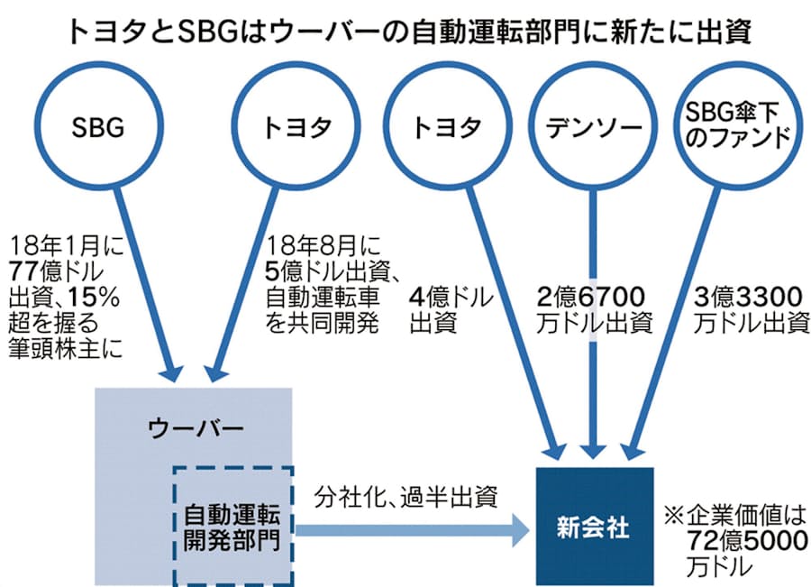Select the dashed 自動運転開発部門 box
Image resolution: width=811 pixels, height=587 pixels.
(233, 527)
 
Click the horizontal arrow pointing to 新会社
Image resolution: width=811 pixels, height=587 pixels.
(415, 529)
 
